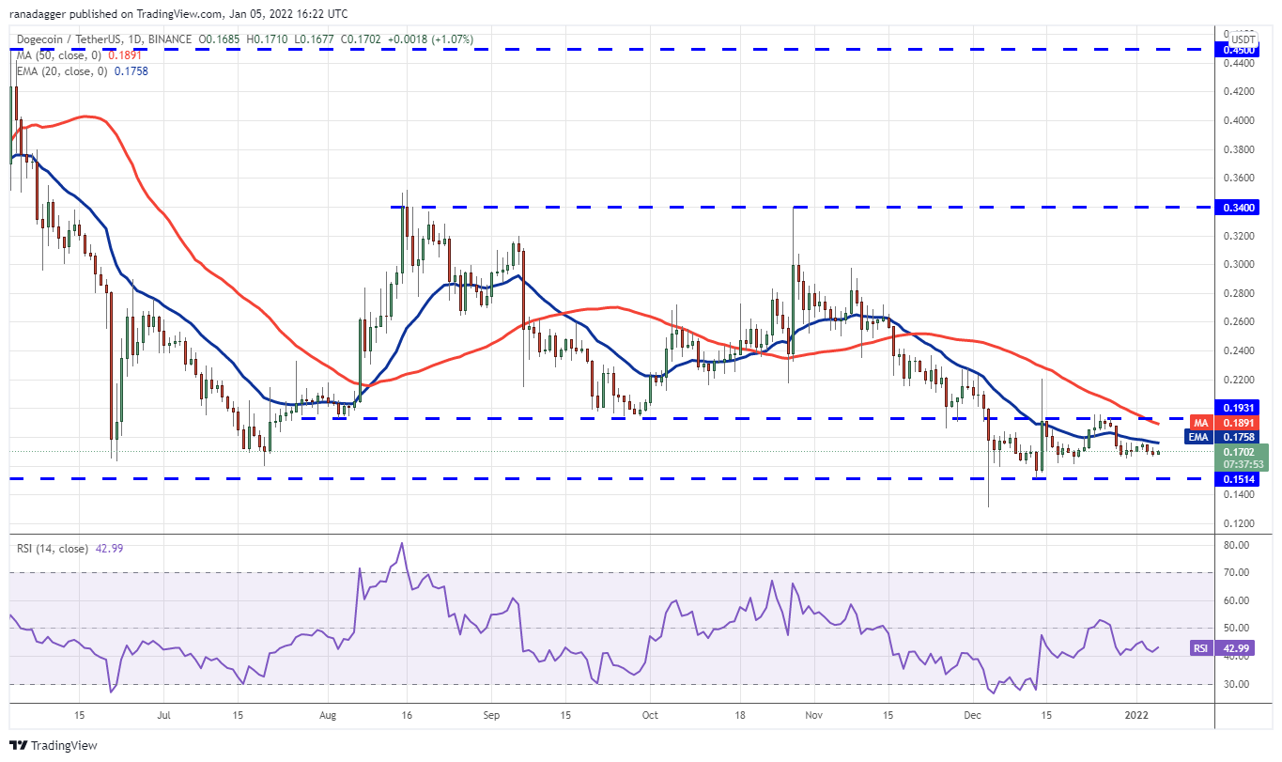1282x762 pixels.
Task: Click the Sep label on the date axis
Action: (x=489, y=715)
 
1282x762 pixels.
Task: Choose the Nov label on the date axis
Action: (x=814, y=715)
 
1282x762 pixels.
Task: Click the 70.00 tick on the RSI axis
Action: (x=1239, y=572)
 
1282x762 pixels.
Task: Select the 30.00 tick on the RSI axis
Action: (x=1239, y=684)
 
